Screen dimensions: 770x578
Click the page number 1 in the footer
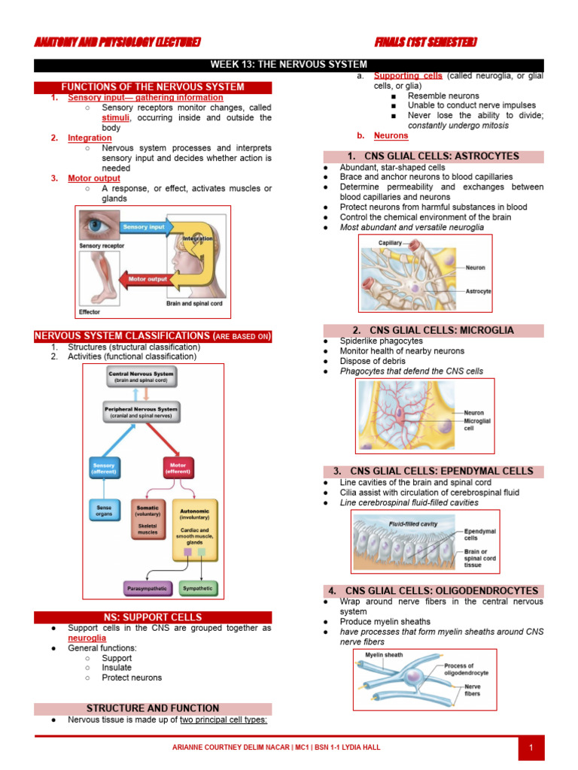[x=531, y=747]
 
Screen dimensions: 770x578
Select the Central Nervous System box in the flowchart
[x=141, y=377]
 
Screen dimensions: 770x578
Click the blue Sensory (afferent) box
[x=103, y=468]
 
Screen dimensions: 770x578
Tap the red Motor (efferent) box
[x=178, y=468]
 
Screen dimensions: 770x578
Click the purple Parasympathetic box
[x=148, y=588]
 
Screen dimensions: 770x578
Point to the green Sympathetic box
[x=199, y=588]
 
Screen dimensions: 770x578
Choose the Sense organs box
[x=104, y=512]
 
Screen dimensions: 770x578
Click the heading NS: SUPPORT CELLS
[x=153, y=617]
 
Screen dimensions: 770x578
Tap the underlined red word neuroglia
[x=87, y=638]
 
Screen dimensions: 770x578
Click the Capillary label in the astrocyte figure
[x=390, y=243]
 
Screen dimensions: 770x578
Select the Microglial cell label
[x=477, y=424]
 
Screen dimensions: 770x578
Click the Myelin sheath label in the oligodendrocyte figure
[x=384, y=655]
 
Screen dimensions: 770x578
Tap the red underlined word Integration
[x=90, y=138]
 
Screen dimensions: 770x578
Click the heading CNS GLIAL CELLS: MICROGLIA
[x=433, y=330]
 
